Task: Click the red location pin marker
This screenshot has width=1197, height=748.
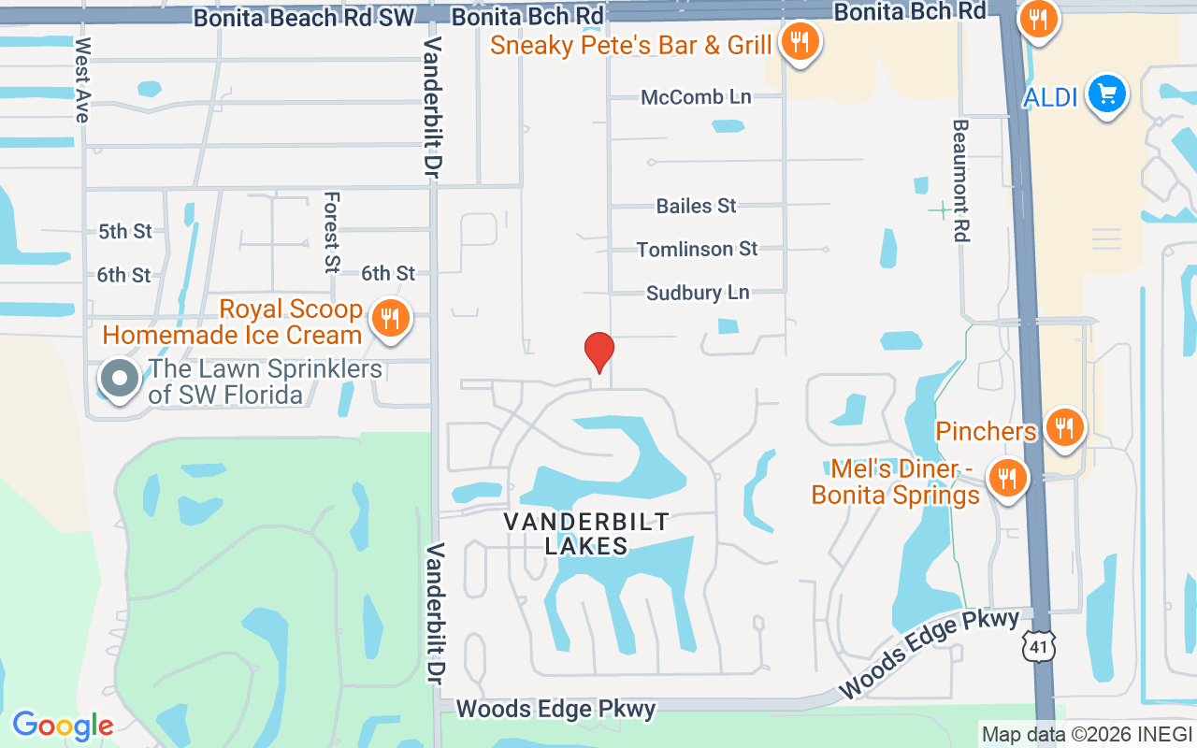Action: pyautogui.click(x=599, y=352)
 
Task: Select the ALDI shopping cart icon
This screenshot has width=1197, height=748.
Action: pyautogui.click(x=1108, y=94)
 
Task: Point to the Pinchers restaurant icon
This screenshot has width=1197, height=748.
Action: pyautogui.click(x=1063, y=428)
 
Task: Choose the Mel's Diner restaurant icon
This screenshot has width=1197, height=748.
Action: pyautogui.click(x=1007, y=479)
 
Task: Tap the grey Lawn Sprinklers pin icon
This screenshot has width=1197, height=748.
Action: pyautogui.click(x=120, y=380)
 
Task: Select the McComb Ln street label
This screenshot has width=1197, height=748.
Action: pyautogui.click(x=696, y=97)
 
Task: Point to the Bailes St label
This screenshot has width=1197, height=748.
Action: pyautogui.click(x=696, y=206)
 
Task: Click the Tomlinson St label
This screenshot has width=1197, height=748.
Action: pyautogui.click(x=697, y=250)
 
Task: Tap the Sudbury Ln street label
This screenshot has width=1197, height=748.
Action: pyautogui.click(x=698, y=293)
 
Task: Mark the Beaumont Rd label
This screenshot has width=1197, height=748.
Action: pyautogui.click(x=960, y=180)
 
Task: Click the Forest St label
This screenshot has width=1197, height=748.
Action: pyautogui.click(x=331, y=233)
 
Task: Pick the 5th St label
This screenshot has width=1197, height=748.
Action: pyautogui.click(x=124, y=231)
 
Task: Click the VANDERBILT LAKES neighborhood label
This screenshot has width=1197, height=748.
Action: pyautogui.click(x=586, y=534)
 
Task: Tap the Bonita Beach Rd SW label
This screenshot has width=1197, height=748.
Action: pyautogui.click(x=303, y=17)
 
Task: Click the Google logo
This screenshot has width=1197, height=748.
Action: pyautogui.click(x=63, y=725)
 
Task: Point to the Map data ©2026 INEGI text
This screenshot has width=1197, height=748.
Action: pyautogui.click(x=1087, y=735)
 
